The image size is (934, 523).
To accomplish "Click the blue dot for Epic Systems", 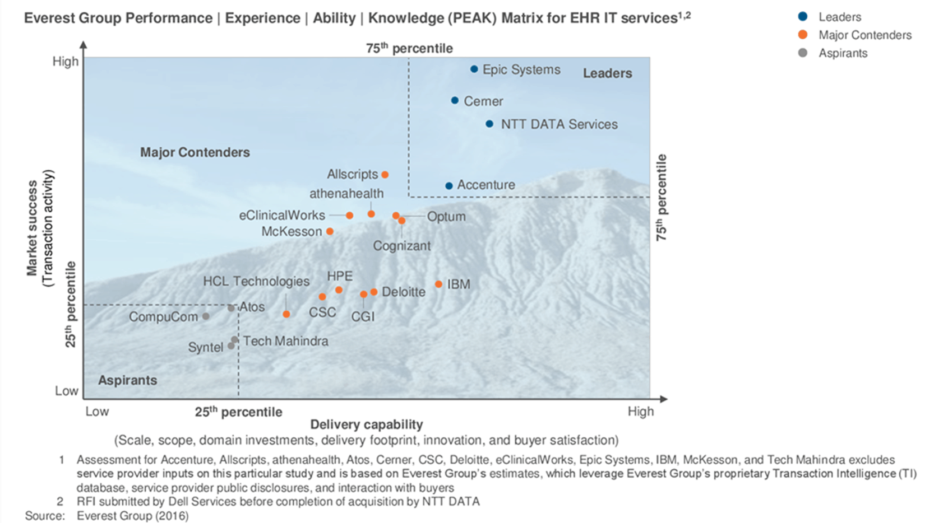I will coord(474,69).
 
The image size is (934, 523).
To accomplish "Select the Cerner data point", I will coord(455,101).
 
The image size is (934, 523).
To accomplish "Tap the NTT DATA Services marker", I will coord(489,124).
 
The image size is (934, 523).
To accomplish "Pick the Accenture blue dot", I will coord(448,186).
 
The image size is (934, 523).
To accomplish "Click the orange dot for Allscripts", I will coord(385,175).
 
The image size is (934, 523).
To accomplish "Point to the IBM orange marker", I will coord(438,284).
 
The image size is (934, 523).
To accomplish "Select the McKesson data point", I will coord(330,231).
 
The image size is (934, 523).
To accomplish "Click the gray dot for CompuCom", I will coord(206,316).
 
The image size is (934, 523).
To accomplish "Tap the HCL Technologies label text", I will coord(256,281).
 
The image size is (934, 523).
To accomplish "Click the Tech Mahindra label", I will coord(285,341).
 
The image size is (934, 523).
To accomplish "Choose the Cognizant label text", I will coord(401,246).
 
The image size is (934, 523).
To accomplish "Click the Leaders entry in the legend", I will coord(839,17).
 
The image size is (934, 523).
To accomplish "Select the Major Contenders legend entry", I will coord(864,35).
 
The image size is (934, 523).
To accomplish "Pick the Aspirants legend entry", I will coord(842,53).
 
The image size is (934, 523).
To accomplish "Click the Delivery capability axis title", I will coord(366,424).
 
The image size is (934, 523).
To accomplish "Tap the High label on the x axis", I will coord(640,412).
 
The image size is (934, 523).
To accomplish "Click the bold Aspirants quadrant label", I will coord(127,380).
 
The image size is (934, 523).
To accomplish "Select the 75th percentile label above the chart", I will coord(409,49).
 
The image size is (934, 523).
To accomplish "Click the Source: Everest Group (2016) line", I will coord(107,516).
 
